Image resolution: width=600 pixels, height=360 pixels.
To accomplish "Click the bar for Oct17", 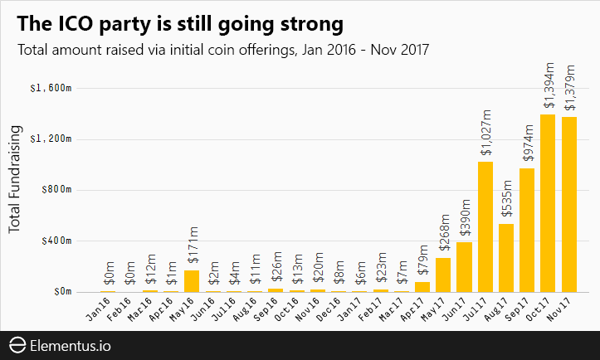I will coord(548,203).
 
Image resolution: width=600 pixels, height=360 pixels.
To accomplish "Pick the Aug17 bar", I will coord(506,258).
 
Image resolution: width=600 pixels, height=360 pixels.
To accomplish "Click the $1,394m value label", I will coord(548,85).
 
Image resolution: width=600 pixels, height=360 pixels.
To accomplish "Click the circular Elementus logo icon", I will coord(17,344).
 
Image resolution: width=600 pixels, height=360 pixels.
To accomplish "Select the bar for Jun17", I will coord(464,267).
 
